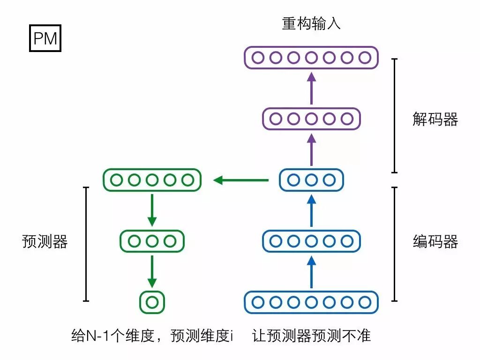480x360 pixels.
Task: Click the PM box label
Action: tap(45, 39)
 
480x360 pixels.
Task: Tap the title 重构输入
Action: tap(311, 23)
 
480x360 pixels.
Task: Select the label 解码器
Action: tap(435, 120)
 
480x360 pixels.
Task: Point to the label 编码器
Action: tap(435, 241)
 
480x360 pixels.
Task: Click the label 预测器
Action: tap(45, 241)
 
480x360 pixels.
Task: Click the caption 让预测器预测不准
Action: tap(311, 336)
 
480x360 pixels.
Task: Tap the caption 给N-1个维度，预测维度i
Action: tap(152, 336)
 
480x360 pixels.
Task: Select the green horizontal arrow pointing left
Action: tap(241, 180)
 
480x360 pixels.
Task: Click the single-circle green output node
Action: tap(152, 302)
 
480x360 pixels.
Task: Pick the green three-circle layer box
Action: tap(152, 241)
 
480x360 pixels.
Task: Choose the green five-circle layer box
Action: tap(152, 180)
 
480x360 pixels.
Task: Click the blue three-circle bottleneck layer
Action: tap(311, 180)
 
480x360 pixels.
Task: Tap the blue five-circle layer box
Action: tap(311, 241)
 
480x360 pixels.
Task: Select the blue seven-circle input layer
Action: tap(311, 302)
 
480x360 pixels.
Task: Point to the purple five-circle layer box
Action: tap(311, 119)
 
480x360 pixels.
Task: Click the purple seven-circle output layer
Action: tap(311, 58)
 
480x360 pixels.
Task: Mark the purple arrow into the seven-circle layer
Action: tap(311, 89)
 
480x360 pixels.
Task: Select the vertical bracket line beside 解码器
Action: tap(395, 116)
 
